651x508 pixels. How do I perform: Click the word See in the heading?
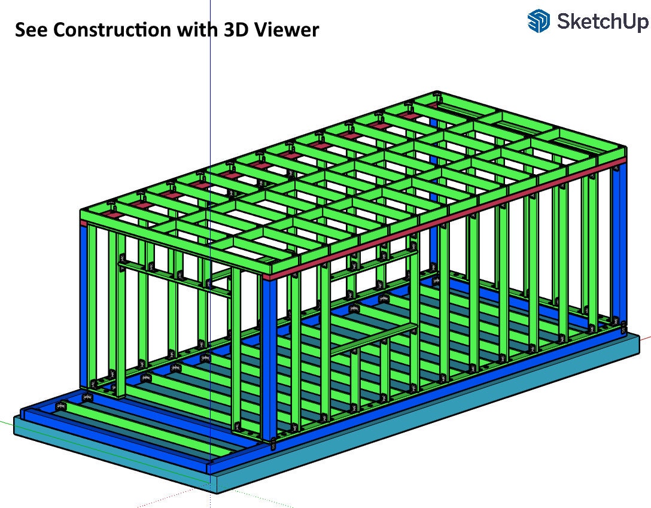point(31,29)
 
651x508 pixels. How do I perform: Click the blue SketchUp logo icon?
point(539,22)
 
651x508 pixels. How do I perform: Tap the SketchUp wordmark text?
point(602,22)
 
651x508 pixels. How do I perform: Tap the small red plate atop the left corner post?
point(84,223)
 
